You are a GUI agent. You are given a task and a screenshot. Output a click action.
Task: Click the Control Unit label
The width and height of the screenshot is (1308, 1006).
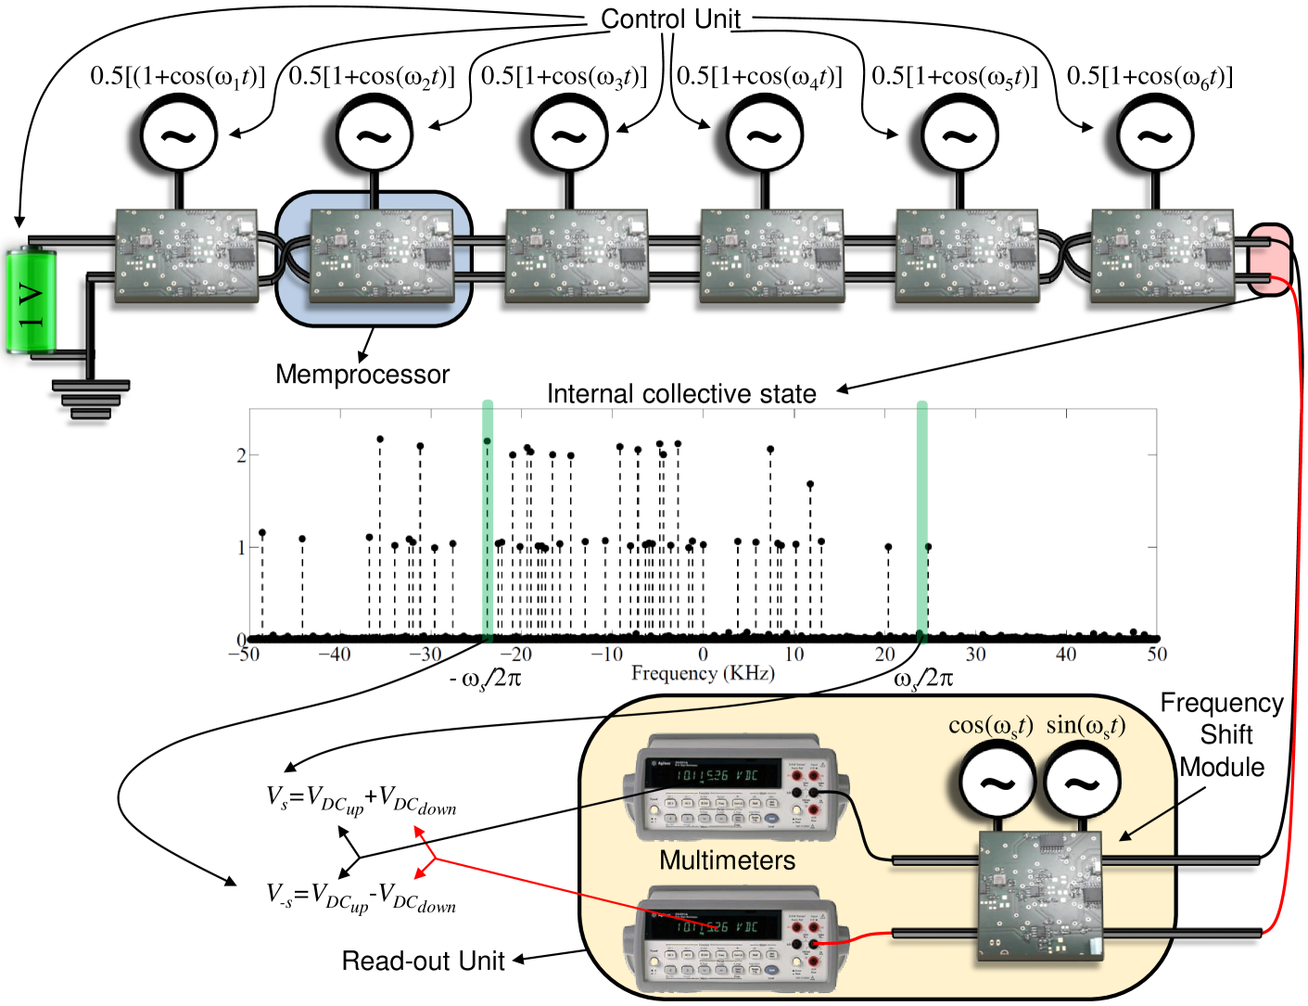click(x=670, y=19)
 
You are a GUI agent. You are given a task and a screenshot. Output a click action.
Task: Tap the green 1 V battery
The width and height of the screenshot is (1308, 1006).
click(x=31, y=301)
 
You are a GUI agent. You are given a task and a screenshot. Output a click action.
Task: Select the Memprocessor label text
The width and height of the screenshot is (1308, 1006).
click(x=362, y=375)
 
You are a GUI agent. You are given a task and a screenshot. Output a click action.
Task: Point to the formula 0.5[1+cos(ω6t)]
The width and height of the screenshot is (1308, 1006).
click(x=1149, y=76)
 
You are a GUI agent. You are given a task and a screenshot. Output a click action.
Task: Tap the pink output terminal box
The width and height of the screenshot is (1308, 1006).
click(x=1269, y=260)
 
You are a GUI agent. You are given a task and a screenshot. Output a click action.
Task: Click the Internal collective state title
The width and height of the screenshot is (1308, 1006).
click(x=681, y=394)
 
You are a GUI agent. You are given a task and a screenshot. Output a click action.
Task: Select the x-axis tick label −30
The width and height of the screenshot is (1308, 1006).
click(x=425, y=655)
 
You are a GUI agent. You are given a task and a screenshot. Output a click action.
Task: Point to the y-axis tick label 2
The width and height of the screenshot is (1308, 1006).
click(x=241, y=455)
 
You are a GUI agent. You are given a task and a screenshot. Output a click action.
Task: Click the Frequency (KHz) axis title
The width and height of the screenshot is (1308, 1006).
click(x=703, y=673)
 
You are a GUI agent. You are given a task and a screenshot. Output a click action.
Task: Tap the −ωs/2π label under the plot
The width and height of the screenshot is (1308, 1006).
click(x=486, y=680)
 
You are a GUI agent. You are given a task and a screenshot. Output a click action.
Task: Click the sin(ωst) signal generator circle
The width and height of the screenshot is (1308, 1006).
click(x=1081, y=784)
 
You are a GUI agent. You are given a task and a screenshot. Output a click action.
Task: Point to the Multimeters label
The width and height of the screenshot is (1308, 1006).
click(x=727, y=860)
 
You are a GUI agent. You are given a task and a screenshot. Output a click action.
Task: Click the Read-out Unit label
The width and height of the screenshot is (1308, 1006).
click(x=423, y=961)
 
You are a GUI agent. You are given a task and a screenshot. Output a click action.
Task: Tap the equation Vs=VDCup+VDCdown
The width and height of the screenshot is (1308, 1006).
click(x=362, y=799)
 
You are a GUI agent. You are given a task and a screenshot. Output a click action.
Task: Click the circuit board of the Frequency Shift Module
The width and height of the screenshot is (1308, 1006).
click(x=1040, y=895)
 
